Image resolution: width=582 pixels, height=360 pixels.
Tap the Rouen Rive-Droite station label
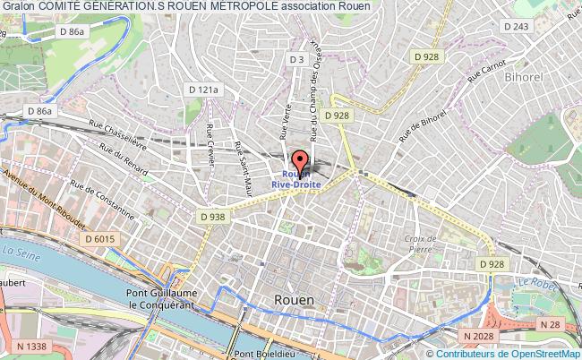[296, 179]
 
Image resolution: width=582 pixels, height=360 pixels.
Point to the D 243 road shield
[517, 27]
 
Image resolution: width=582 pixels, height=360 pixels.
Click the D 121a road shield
[204, 90]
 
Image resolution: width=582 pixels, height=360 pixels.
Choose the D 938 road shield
[211, 216]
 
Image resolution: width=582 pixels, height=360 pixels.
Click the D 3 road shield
[298, 59]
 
